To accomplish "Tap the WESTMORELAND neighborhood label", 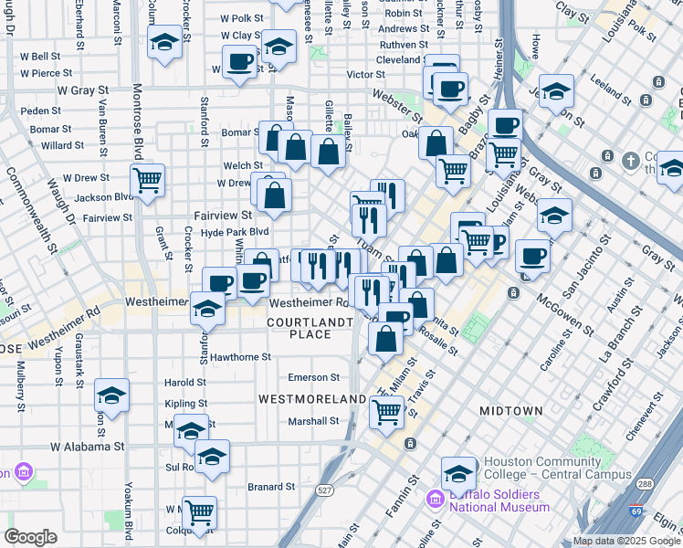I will tap(312, 399).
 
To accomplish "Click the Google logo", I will tap(30, 537).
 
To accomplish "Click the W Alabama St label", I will tap(87, 447).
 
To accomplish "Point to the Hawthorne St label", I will tap(240, 357).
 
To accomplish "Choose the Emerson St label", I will tap(313, 377).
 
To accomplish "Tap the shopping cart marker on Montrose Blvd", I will tap(147, 180).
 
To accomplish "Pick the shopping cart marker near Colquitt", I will tap(199, 512).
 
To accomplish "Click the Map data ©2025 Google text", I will tap(626, 541).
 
